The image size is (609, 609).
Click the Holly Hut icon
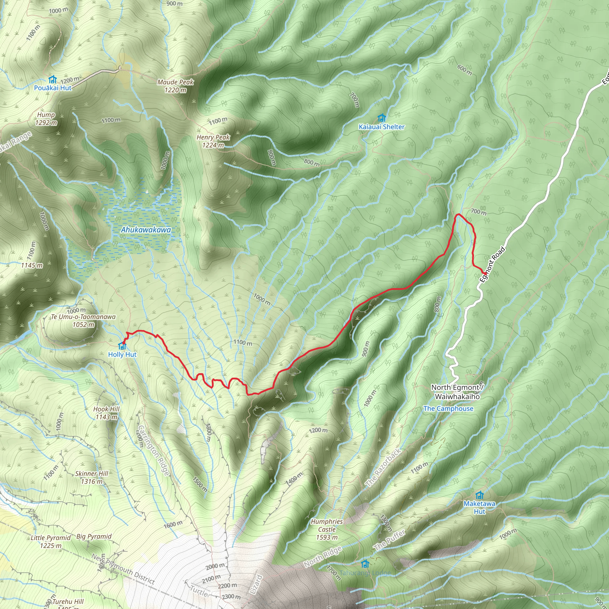[x=122, y=346]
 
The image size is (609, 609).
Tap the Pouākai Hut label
[x=53, y=88]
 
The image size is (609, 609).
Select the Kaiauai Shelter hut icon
[x=382, y=118]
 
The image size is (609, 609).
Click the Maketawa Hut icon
[x=479, y=495]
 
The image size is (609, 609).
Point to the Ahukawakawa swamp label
[x=146, y=230]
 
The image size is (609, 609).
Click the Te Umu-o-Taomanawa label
[x=84, y=317]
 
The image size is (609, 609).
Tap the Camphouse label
[x=448, y=409]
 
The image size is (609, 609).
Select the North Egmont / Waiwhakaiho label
[x=457, y=392]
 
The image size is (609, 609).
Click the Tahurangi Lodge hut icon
[x=365, y=563]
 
